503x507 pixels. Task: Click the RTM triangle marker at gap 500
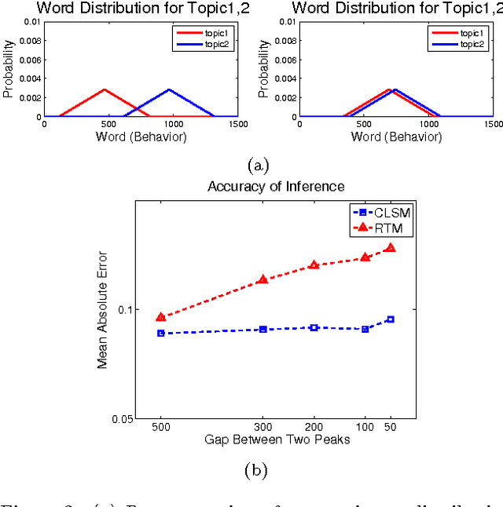(x=161, y=317)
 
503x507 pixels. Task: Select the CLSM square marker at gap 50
(x=391, y=319)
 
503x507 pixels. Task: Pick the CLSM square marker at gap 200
(x=314, y=327)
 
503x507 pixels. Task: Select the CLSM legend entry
(x=378, y=211)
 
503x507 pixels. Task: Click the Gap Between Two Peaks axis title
(x=275, y=440)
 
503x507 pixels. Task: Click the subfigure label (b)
(x=256, y=471)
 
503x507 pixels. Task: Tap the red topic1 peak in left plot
(x=104, y=89)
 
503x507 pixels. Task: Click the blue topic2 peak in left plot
(x=168, y=89)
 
